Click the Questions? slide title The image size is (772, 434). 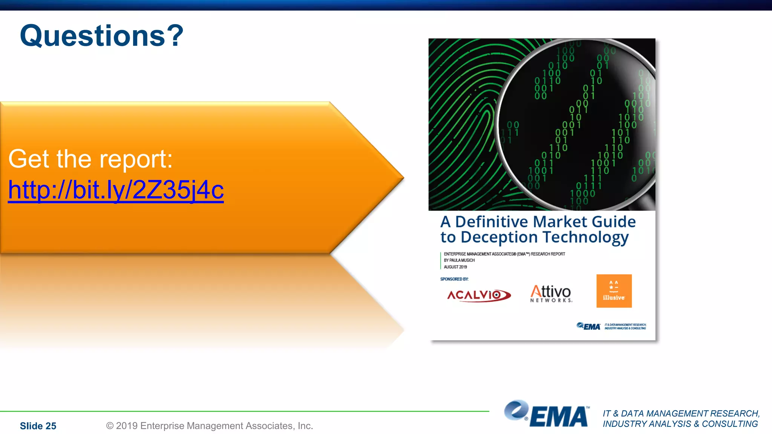101,36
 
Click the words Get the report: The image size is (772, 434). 90,159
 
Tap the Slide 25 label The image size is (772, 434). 38,426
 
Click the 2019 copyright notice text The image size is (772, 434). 210,426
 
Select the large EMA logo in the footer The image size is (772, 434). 546,414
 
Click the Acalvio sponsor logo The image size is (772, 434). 479,295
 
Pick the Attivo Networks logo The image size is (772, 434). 551,293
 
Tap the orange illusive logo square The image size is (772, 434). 614,291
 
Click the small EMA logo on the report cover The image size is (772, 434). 588,326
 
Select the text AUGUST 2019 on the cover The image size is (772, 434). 455,267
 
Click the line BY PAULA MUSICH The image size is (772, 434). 459,260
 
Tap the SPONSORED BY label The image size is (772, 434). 454,279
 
